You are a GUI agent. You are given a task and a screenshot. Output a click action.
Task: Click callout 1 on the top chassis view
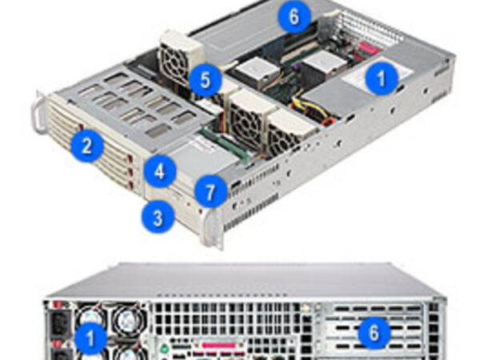381,78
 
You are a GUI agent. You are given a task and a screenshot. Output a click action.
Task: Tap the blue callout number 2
87,146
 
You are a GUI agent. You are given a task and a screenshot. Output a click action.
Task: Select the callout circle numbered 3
158,218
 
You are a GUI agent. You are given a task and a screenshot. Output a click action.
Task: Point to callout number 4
160,172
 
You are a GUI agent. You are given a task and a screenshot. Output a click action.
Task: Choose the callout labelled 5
205,80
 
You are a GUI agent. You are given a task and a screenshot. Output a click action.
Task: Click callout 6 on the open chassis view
294,16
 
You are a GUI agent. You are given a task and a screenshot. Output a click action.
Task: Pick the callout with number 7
210,192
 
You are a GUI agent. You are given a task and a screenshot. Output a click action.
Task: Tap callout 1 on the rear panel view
90,338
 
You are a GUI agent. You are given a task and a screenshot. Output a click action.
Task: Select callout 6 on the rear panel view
374,333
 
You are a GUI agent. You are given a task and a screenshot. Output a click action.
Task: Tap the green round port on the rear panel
164,348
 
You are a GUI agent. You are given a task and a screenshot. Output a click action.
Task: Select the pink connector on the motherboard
366,50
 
